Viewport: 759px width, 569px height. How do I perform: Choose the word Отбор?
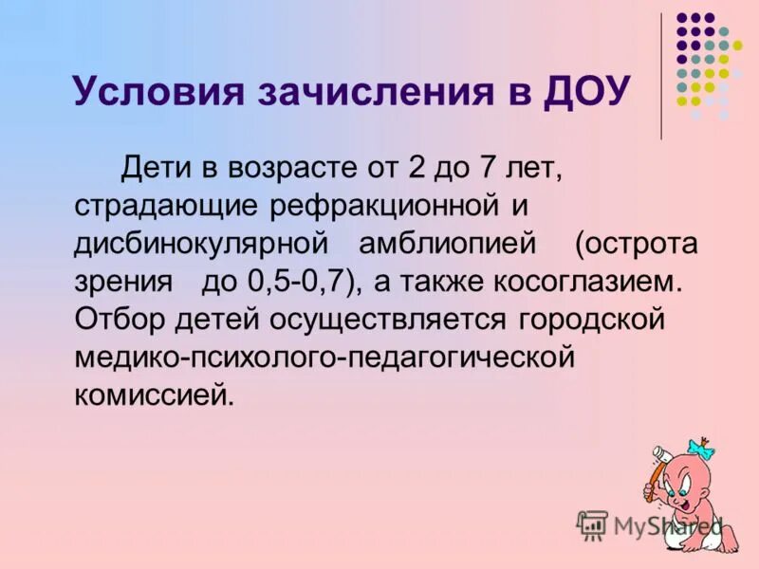(113, 319)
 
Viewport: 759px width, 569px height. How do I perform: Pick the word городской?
(593, 319)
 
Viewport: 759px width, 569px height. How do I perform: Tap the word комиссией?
(153, 393)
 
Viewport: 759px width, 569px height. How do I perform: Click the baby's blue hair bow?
(700, 446)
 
